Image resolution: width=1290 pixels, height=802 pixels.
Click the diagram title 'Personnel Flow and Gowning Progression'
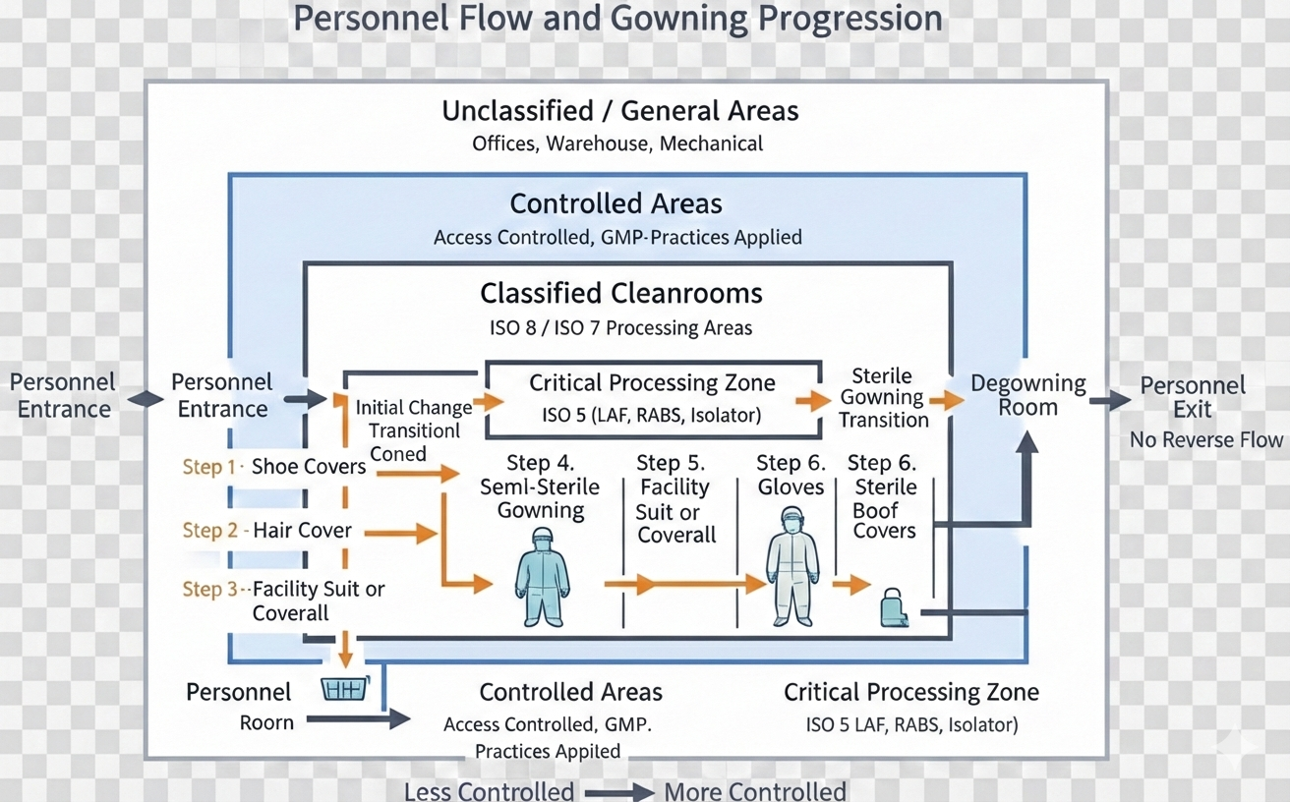click(617, 19)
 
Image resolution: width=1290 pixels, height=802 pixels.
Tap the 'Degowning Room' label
click(1027, 395)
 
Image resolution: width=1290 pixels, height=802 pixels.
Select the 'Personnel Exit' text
click(1192, 396)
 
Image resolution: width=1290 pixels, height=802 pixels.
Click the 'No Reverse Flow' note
click(1206, 440)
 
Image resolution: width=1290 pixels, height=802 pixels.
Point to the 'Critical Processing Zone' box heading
click(652, 383)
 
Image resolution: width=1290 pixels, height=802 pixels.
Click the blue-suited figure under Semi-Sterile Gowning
click(542, 576)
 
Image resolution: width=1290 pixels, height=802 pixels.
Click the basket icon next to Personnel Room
click(345, 688)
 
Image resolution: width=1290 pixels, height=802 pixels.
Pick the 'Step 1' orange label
click(209, 467)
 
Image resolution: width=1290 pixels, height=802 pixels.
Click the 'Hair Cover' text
click(302, 531)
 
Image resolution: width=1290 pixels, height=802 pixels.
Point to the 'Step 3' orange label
click(209, 590)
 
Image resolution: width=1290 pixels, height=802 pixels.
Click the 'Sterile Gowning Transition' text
click(883, 398)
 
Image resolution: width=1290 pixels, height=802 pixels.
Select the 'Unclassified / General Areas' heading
click(619, 111)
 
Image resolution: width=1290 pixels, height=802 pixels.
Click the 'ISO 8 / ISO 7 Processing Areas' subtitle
click(620, 328)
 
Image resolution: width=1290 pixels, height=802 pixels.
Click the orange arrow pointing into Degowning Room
click(946, 400)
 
